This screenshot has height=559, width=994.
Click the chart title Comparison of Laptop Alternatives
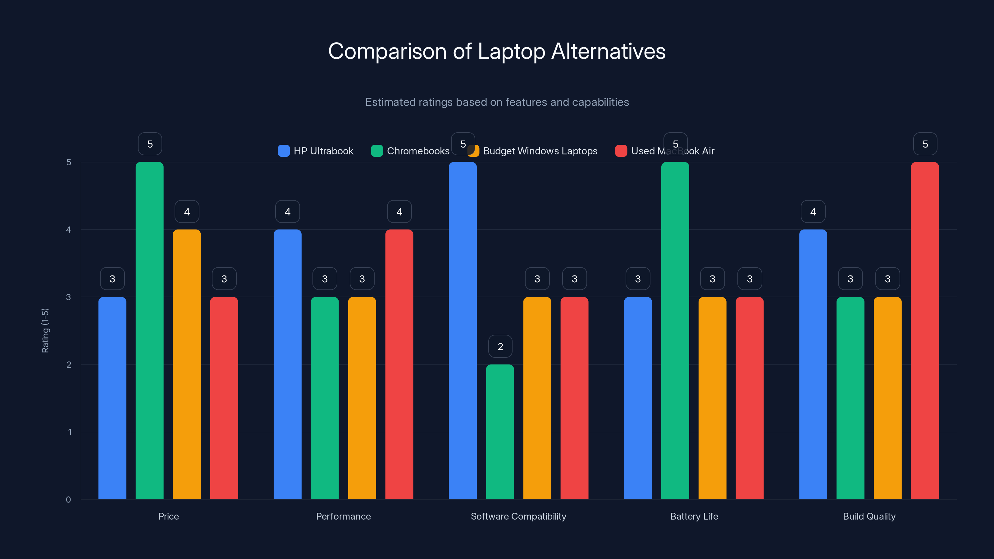[497, 51]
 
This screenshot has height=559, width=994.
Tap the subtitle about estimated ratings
[497, 102]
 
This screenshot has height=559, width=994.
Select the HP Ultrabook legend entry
[316, 151]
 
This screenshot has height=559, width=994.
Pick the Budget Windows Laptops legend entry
[534, 151]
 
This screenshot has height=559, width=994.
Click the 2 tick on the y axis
[69, 365]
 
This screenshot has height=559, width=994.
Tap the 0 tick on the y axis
[69, 500]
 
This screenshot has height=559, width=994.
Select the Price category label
[168, 516]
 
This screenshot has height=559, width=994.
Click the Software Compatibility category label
[518, 516]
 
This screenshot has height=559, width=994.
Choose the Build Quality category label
[869, 516]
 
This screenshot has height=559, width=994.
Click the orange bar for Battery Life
[712, 398]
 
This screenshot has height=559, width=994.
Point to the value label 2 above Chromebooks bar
[500, 347]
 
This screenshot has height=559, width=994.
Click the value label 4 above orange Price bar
[187, 211]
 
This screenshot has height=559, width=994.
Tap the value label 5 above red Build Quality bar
[925, 144]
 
